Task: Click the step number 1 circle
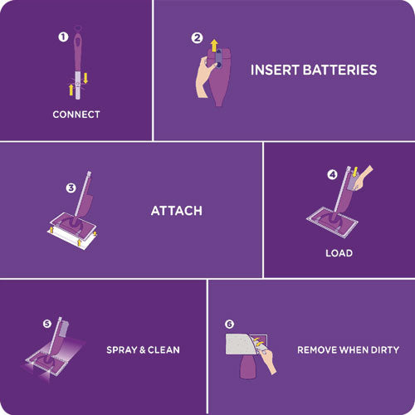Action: click(x=61, y=37)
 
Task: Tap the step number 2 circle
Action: click(x=197, y=37)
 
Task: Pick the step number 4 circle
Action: click(x=332, y=174)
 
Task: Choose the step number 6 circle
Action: click(x=229, y=324)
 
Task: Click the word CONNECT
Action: click(x=76, y=115)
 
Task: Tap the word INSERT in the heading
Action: click(x=276, y=70)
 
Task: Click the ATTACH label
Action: click(x=176, y=211)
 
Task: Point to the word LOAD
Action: click(x=339, y=253)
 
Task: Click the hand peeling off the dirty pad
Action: click(x=268, y=358)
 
